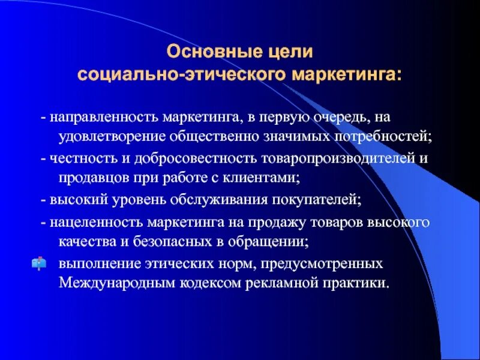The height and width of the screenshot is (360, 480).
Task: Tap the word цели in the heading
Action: click(x=292, y=52)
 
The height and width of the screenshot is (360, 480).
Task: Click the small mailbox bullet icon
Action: click(x=39, y=263)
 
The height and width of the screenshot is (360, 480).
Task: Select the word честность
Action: click(x=77, y=158)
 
